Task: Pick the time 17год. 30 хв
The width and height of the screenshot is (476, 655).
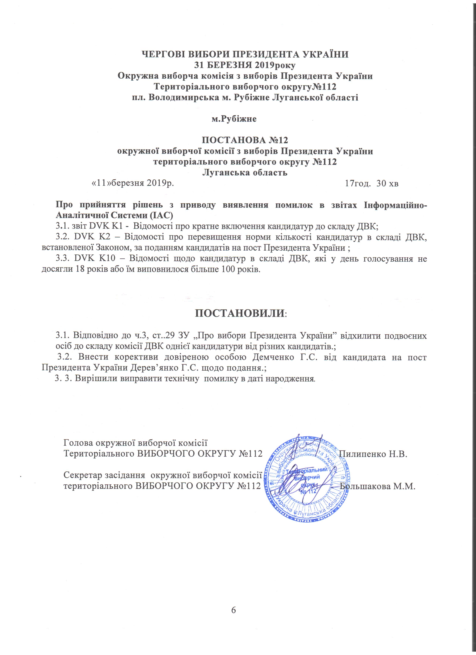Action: click(x=372, y=184)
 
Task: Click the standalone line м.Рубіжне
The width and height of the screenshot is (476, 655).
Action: click(x=234, y=119)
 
